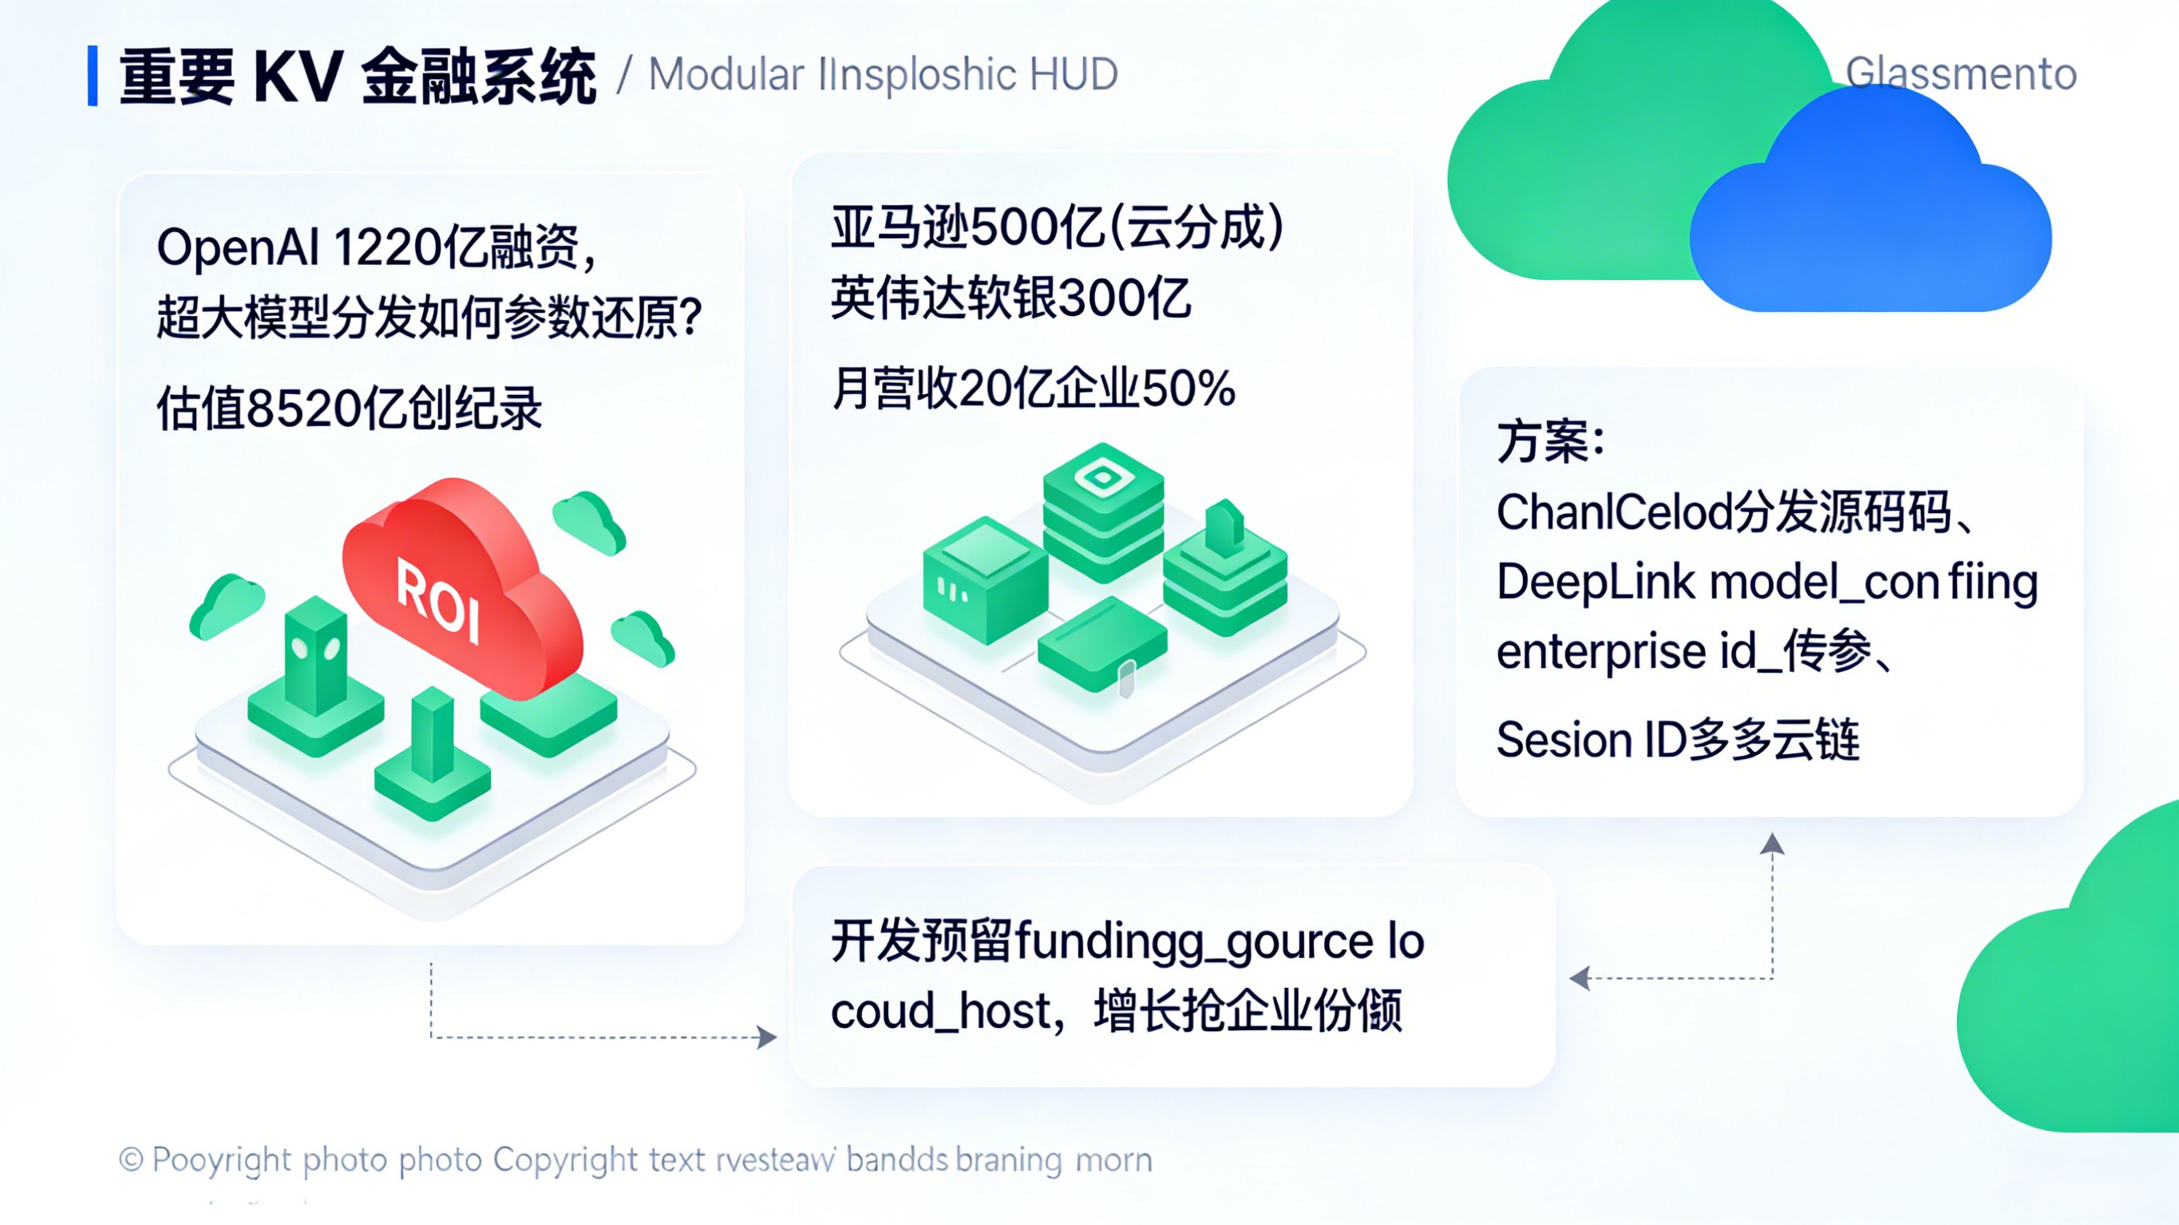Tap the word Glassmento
tap(1961, 73)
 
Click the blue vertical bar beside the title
tap(93, 76)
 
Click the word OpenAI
tap(238, 249)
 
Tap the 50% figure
tap(1188, 389)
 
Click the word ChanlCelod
tap(1614, 512)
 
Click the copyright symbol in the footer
tap(131, 1159)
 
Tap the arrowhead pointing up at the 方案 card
tap(1772, 844)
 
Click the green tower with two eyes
tap(315, 656)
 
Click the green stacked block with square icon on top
tap(1103, 511)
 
